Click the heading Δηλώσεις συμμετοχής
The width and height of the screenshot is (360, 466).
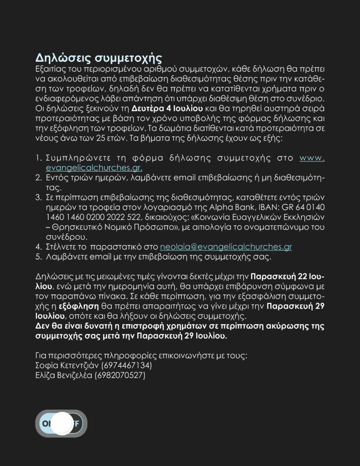pos(99,59)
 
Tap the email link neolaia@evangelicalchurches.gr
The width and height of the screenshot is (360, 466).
pos(226,247)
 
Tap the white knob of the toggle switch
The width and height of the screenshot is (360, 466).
pos(61,423)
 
